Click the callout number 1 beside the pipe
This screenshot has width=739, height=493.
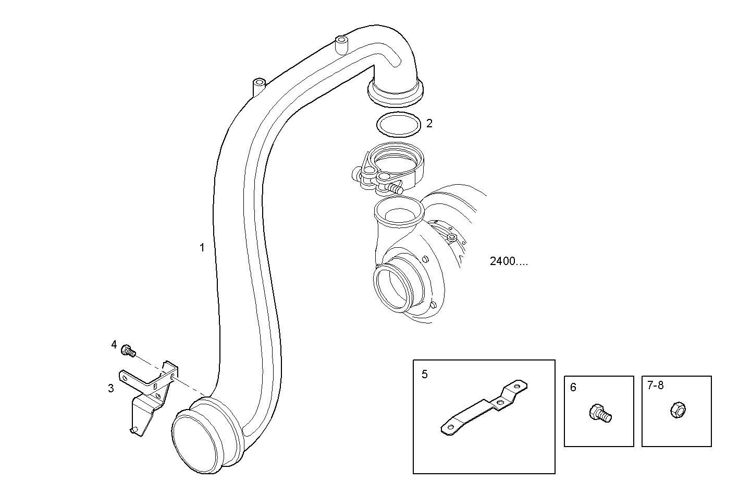pos(202,247)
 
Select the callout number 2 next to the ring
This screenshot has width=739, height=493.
pos(429,124)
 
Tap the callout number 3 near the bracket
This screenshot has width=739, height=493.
pos(110,388)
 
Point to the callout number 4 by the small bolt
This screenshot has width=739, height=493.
pos(114,344)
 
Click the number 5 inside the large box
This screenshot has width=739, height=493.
pos(425,374)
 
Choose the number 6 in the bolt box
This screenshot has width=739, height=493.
pos(573,388)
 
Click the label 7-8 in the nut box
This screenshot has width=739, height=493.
pos(655,386)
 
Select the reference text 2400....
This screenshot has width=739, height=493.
pos(509,261)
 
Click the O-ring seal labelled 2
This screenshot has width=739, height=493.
pos(398,124)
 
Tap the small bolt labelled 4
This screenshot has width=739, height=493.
pos(128,351)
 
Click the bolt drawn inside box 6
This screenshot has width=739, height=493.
pos(600,414)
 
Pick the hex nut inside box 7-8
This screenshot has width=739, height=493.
pos(676,409)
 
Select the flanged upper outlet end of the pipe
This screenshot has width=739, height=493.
pos(396,91)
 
